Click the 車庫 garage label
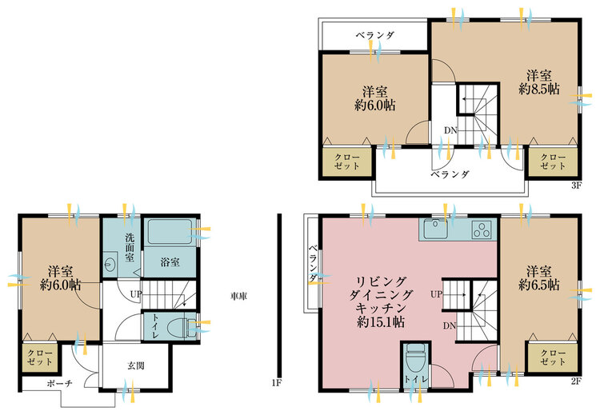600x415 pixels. pos(238,296)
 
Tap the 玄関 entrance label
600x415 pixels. pos(136,366)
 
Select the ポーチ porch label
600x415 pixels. pos(60,383)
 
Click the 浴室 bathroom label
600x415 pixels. pos(170,262)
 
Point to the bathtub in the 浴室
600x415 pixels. pos(170,231)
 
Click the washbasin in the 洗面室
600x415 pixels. pos(110,264)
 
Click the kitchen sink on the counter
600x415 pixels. pos(434,229)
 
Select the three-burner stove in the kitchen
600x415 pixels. pos(482,229)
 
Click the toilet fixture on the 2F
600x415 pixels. pos(416,357)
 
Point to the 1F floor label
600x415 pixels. pos(276,382)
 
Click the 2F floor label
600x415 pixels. pos(576,381)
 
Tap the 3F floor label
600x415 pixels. pos(576,186)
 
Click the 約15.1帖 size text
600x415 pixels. pos(380,322)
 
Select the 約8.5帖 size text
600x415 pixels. pos(538,89)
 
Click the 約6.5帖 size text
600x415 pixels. pos(538,285)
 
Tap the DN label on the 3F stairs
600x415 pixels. pos(450,130)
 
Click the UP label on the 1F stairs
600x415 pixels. pos(136,294)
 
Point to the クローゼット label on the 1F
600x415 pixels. pos(40,357)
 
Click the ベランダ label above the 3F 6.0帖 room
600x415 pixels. pos(374,35)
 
